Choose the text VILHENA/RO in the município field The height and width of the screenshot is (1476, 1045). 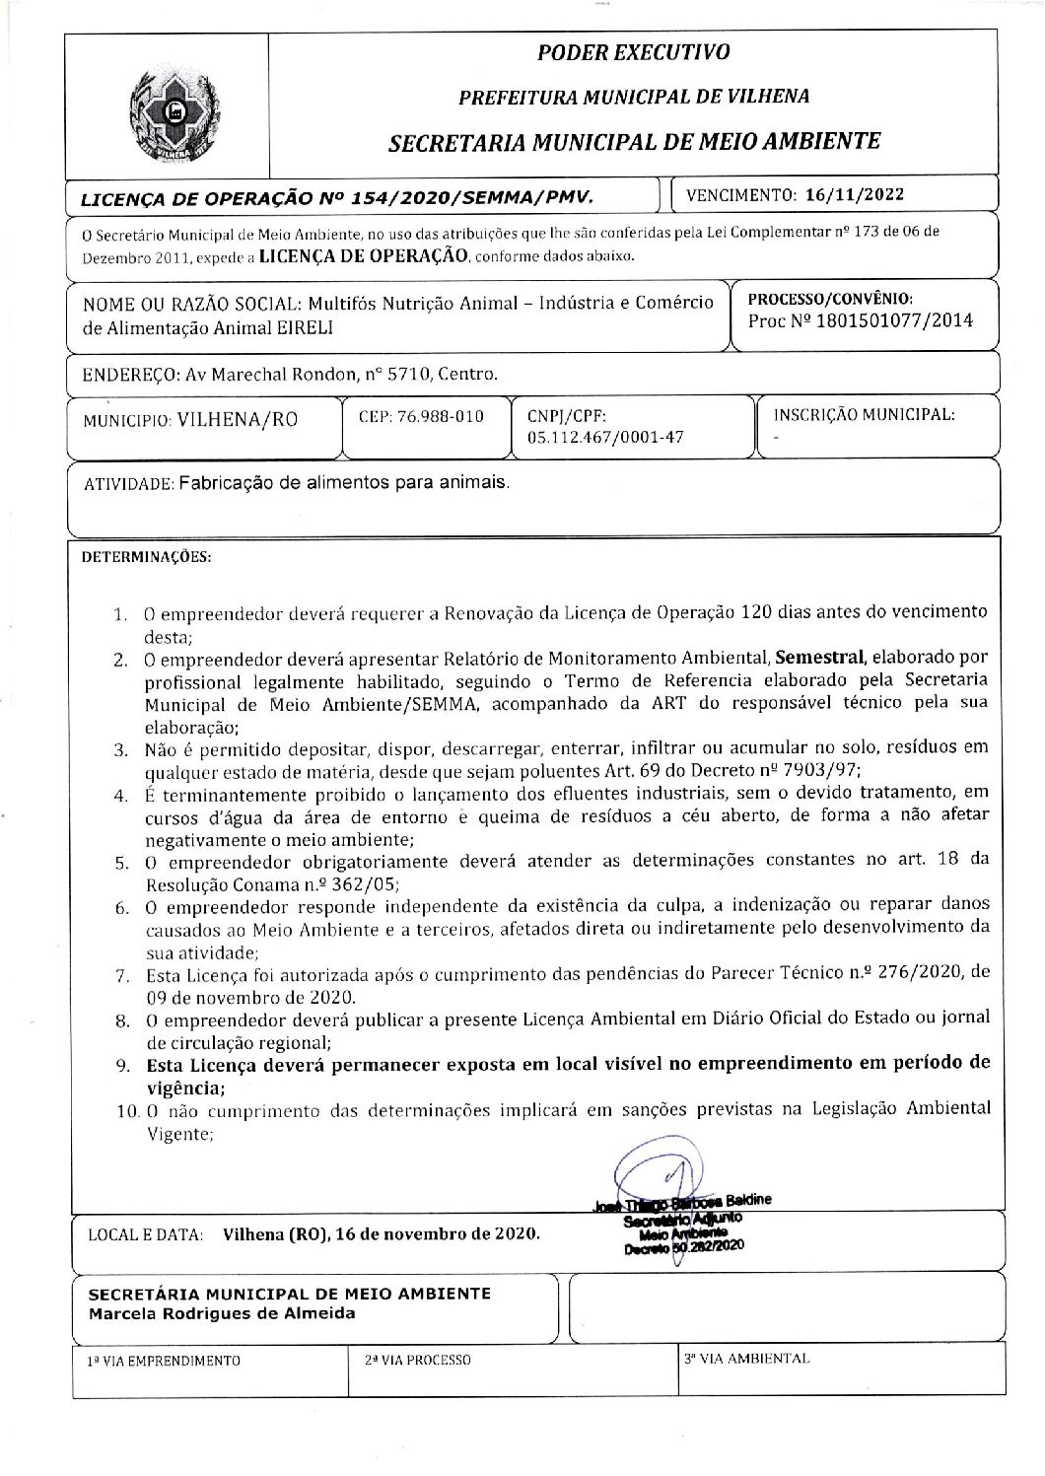coord(237,419)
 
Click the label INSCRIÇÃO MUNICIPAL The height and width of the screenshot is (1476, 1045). coord(865,415)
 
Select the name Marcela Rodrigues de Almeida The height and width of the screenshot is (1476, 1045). coord(222,1313)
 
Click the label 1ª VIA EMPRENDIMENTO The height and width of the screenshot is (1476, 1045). coord(165,1360)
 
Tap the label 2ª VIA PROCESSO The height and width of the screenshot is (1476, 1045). coord(418,1360)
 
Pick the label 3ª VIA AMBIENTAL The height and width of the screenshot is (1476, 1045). coord(747,1359)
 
